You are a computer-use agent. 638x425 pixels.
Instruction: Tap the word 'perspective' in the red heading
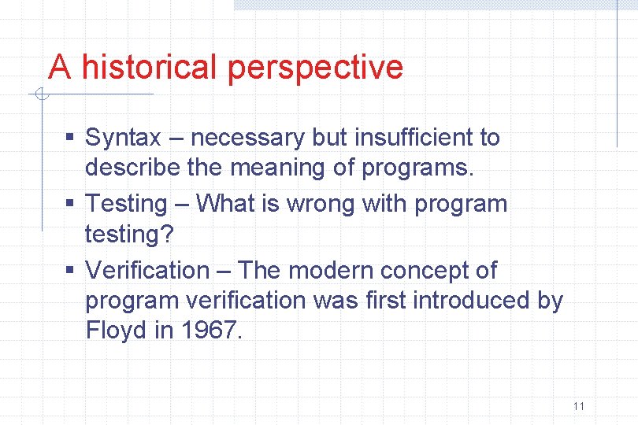[x=315, y=68]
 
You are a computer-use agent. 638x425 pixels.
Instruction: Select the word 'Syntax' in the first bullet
[x=122, y=138]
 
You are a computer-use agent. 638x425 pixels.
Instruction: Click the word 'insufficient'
[x=414, y=137]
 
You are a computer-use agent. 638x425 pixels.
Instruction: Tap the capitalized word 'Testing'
[x=126, y=204]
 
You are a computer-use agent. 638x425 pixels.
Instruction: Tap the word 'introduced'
[x=473, y=300]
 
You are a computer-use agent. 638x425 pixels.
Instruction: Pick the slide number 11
[x=579, y=406]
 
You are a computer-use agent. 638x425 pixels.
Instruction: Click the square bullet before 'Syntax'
[x=70, y=138]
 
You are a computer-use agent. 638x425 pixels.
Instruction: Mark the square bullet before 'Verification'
[x=70, y=270]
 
